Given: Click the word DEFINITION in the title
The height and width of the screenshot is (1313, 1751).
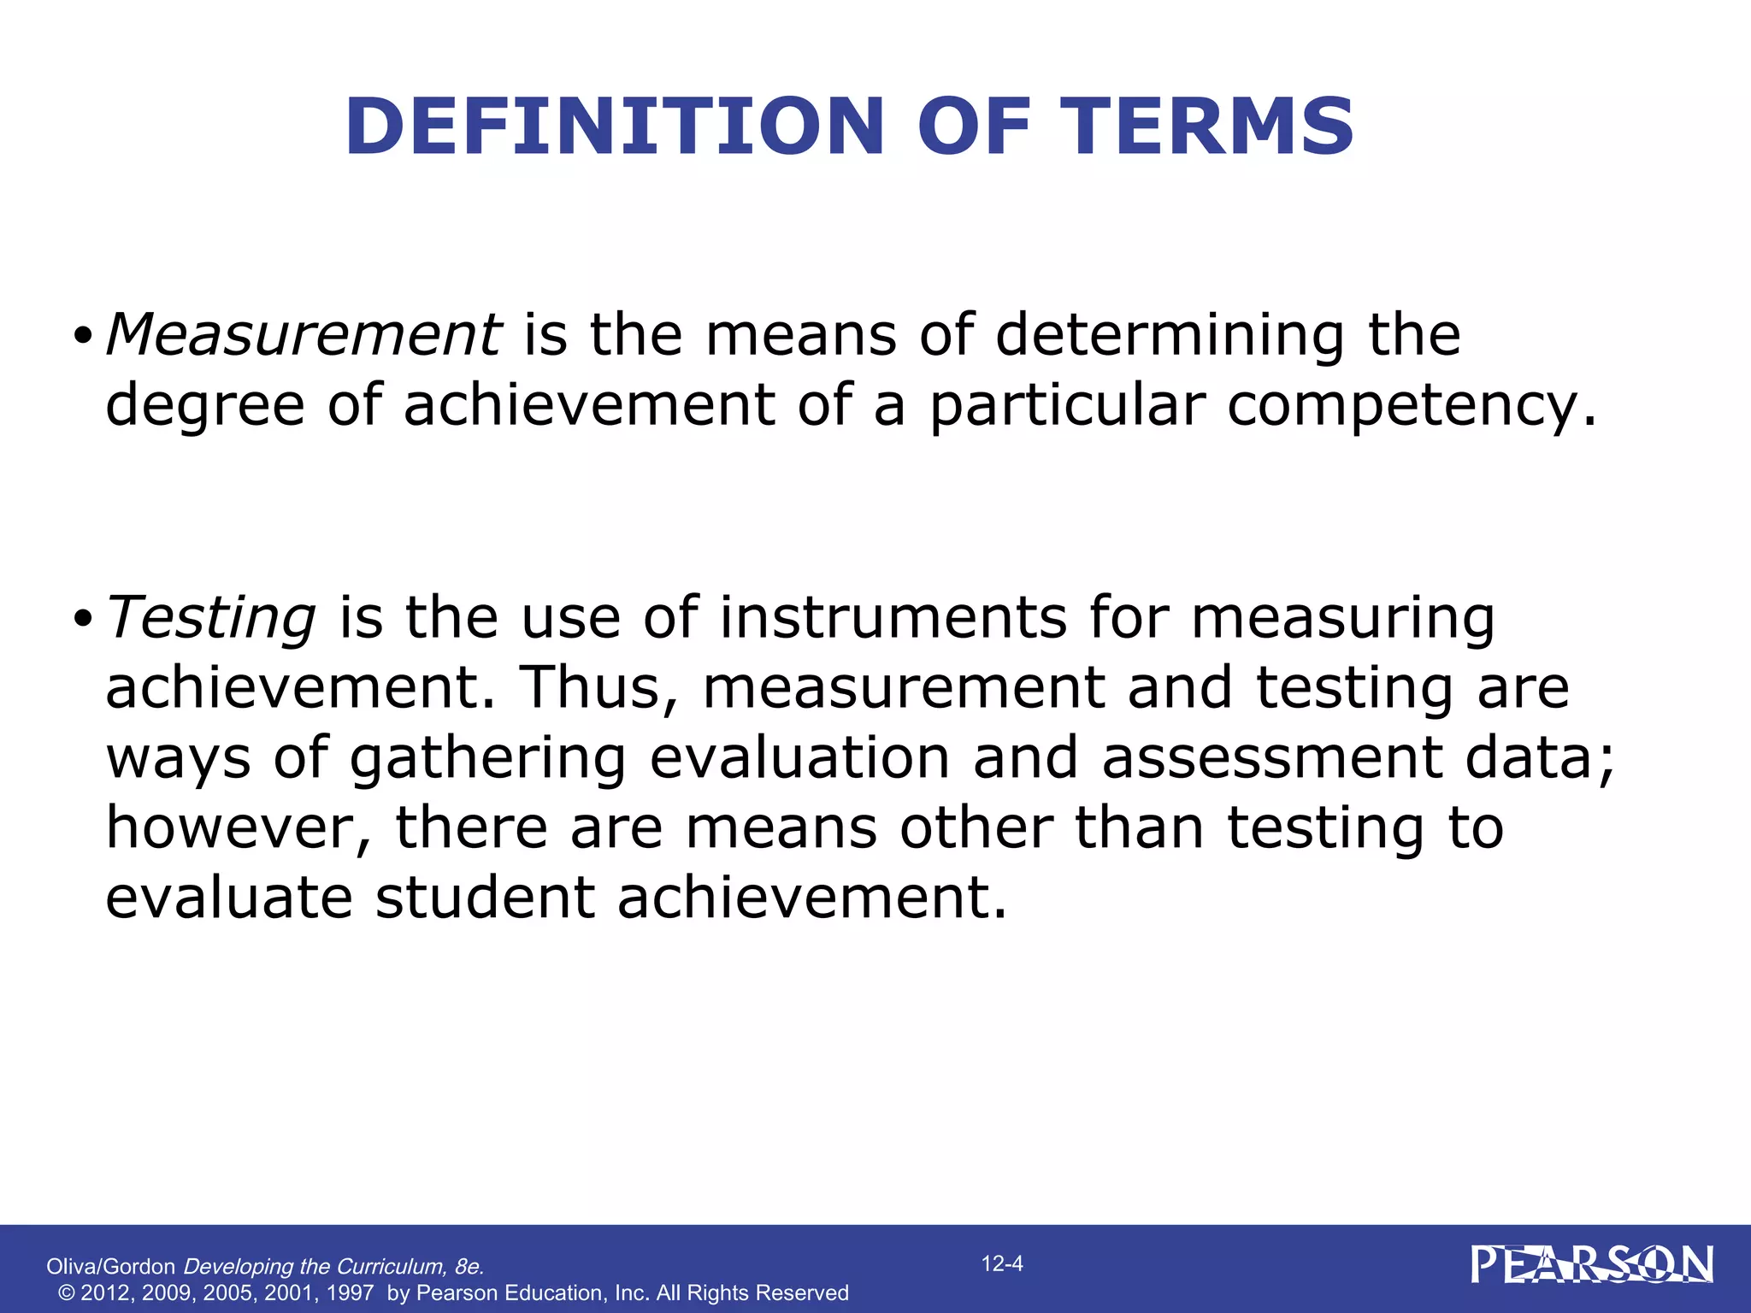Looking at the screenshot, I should [x=614, y=127].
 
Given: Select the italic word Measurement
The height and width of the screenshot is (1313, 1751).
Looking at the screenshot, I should [x=304, y=334].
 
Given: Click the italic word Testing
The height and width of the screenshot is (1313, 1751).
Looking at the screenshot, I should [x=211, y=618].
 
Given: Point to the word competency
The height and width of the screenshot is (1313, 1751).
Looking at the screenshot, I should [x=1402, y=406].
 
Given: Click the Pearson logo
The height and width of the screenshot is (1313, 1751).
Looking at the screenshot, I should [x=1592, y=1265].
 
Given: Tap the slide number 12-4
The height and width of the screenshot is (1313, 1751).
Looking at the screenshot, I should [x=1002, y=1263].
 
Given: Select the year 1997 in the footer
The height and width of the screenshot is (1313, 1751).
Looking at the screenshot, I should [x=350, y=1293].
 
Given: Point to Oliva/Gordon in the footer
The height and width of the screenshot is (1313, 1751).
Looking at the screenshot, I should [x=110, y=1267].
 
